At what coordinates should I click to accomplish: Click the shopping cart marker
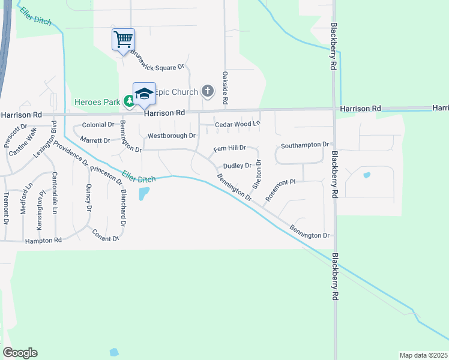(x=123, y=40)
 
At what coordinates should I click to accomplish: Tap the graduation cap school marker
(x=144, y=94)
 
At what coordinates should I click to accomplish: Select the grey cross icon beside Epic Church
(x=207, y=92)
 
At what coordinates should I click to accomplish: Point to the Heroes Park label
(x=97, y=102)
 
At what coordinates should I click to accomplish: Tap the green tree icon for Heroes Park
(x=128, y=101)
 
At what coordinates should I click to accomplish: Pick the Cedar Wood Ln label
(x=238, y=124)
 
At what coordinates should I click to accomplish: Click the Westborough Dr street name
(x=172, y=136)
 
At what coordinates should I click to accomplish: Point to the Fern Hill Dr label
(x=231, y=148)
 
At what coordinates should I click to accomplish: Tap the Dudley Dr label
(x=237, y=166)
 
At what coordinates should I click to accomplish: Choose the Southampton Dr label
(x=305, y=145)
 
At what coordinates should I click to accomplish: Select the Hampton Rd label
(x=43, y=240)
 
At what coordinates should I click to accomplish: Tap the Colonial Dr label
(x=98, y=125)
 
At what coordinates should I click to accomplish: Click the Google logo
(x=20, y=353)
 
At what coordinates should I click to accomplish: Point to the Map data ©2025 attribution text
(x=423, y=355)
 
